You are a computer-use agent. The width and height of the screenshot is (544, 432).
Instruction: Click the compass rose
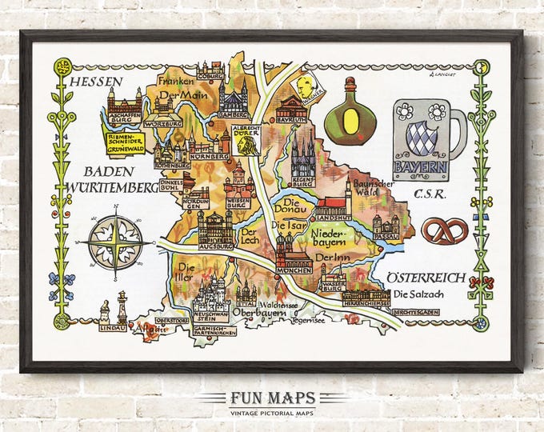(x=116, y=239)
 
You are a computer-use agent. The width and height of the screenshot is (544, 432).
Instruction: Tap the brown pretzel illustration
(x=446, y=232)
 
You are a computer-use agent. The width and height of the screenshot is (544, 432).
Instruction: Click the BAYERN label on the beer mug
(x=421, y=167)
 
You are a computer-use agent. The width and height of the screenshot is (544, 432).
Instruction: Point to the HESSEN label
(x=95, y=82)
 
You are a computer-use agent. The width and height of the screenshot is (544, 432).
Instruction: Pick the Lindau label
(x=112, y=327)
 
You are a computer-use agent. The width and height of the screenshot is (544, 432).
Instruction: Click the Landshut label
(x=334, y=215)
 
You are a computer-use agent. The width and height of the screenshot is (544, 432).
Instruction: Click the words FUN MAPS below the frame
(x=271, y=398)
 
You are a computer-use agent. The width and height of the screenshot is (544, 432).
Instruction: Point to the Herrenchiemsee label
(x=366, y=302)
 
